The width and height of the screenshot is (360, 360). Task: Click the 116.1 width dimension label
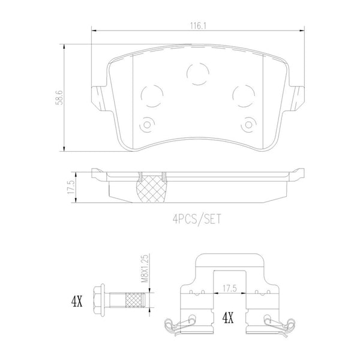pos(198,26)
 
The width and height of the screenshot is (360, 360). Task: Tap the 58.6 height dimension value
pos(59,98)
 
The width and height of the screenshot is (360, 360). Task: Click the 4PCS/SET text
pos(197,219)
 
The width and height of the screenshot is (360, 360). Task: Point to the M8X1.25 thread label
pos(145,268)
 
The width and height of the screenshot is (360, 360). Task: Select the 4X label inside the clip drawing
pos(228,318)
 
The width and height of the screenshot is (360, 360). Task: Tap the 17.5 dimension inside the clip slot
pos(230,289)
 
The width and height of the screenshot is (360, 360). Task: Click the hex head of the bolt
pos(99,300)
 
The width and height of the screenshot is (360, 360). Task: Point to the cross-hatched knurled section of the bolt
pos(135,300)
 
